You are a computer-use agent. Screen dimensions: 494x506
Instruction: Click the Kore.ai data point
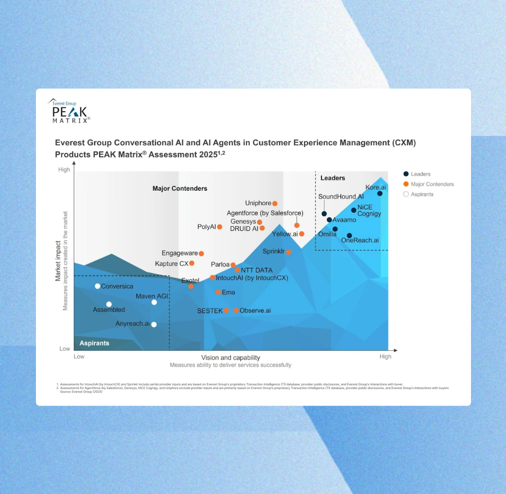pyautogui.click(x=380, y=194)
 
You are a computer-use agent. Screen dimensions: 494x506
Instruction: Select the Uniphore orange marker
pyautogui.click(x=275, y=203)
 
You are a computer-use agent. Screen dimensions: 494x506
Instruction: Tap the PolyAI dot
pyautogui.click(x=220, y=227)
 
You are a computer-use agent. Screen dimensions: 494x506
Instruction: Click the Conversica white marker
pyautogui.click(x=98, y=286)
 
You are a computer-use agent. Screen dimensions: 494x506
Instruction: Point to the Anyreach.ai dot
pyautogui.click(x=154, y=324)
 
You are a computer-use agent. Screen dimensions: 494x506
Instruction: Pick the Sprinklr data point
pyautogui.click(x=288, y=252)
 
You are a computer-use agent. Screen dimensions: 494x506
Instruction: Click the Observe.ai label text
pyautogui.click(x=255, y=311)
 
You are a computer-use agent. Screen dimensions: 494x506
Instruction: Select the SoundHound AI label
pyautogui.click(x=341, y=197)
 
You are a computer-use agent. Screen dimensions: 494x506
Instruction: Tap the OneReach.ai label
pyautogui.click(x=359, y=240)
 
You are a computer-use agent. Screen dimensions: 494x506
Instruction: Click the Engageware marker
pyautogui.click(x=201, y=253)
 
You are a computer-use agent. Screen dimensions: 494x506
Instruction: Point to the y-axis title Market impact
pyautogui.click(x=59, y=261)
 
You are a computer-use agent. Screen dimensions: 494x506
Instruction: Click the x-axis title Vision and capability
pyautogui.click(x=230, y=358)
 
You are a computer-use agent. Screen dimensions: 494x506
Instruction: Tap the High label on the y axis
pyautogui.click(x=64, y=170)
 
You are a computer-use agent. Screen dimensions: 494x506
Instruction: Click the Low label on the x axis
pyautogui.click(x=79, y=357)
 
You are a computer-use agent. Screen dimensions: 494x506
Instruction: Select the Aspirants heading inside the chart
pyautogui.click(x=94, y=343)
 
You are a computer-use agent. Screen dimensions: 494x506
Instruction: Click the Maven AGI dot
pyautogui.click(x=154, y=302)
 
